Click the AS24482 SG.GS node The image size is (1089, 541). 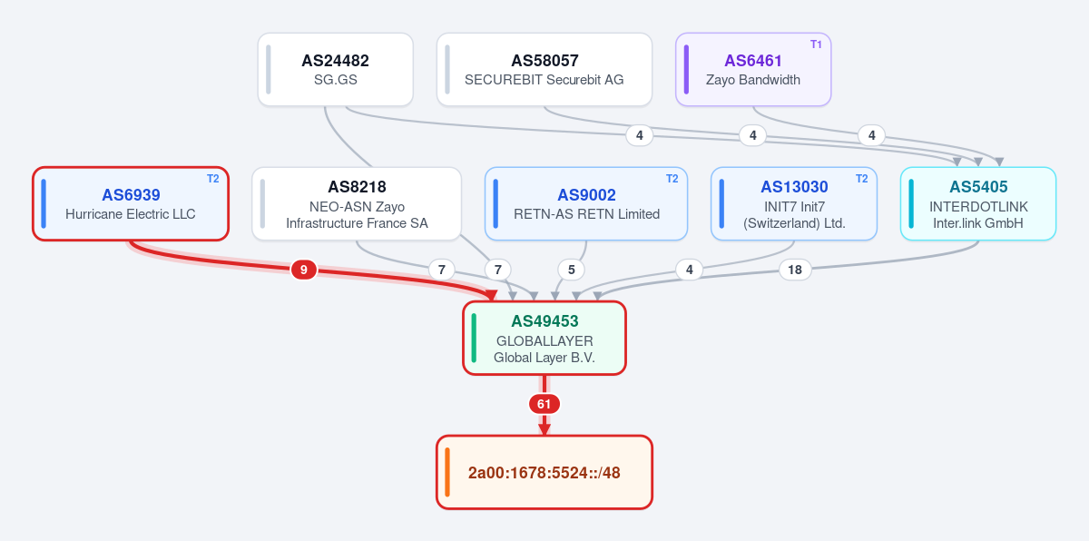(336, 70)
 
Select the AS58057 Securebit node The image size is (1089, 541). (544, 70)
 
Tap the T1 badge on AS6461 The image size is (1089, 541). (816, 44)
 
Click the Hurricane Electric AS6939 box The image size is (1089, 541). (131, 203)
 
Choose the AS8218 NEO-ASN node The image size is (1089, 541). (357, 203)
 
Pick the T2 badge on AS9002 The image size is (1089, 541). (672, 179)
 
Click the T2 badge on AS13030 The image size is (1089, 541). (861, 179)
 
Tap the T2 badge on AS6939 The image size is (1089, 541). (213, 179)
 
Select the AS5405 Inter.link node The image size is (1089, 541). (978, 203)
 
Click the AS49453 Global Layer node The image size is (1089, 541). (544, 338)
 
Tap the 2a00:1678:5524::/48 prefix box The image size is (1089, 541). (544, 472)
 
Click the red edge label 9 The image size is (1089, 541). (304, 270)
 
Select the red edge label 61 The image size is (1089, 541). (544, 404)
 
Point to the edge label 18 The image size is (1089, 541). (795, 270)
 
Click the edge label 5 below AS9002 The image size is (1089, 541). (571, 270)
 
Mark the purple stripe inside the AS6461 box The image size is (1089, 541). (686, 70)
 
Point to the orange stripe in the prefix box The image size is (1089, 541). (447, 472)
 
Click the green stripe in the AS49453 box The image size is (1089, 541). (474, 338)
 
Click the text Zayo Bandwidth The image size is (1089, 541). (753, 80)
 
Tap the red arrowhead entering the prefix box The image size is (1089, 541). (544, 429)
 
